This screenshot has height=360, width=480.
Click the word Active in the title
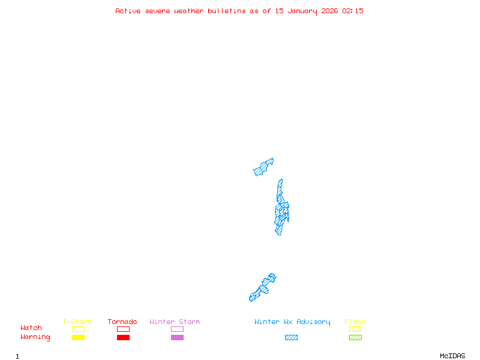coord(128,11)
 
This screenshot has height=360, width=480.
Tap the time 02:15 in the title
coord(353,11)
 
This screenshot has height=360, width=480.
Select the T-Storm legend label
coord(77,322)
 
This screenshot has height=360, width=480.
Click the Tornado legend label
coord(122,322)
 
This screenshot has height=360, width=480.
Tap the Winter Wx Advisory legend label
coord(292,322)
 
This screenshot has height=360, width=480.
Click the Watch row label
coord(31,328)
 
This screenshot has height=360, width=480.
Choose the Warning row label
coord(35,337)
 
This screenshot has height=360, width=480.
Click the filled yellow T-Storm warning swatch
coord(78,338)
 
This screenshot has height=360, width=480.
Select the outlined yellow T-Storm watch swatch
coord(78,329)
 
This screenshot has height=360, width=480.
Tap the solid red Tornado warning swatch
coord(123,338)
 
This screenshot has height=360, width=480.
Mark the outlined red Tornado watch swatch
coord(123,329)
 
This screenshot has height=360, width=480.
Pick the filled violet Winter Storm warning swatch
coord(177,338)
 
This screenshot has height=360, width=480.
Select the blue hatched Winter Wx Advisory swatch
coord(291,338)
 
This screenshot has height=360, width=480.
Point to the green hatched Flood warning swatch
coord(355,338)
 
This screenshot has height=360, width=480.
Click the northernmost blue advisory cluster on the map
coord(263,167)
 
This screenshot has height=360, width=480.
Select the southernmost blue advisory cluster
coord(263,287)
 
